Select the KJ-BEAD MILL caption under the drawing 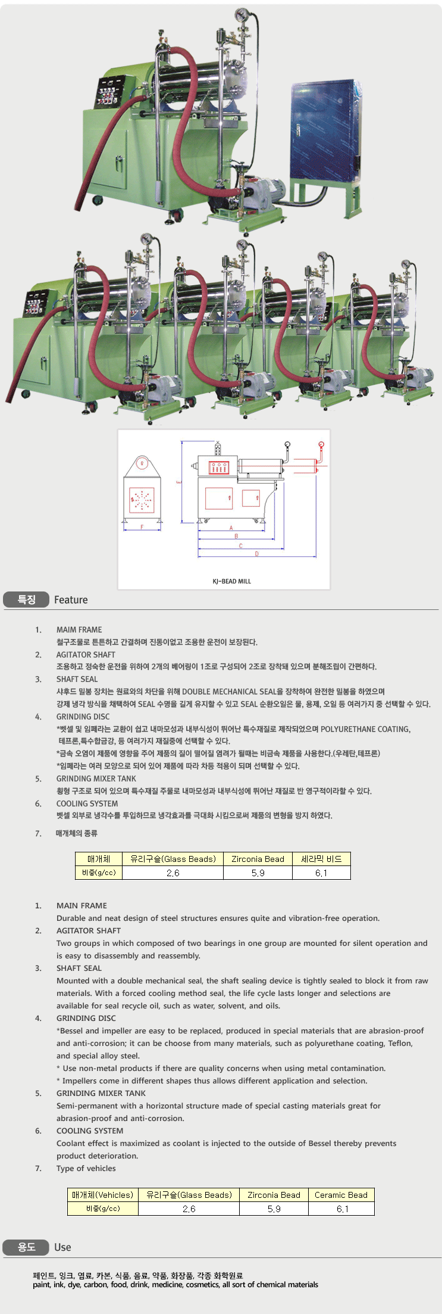point(232,581)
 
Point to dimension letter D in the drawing point(257,554)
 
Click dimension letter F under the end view point(142,527)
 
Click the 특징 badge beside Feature point(26,600)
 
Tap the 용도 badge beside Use point(26,1247)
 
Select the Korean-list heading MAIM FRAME point(79,630)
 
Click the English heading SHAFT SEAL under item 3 point(79,968)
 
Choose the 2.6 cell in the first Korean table point(173,873)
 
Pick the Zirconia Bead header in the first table point(258,859)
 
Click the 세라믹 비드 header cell point(321,859)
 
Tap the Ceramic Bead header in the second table point(341,1195)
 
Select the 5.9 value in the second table point(274,1209)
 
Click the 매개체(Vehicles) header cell point(103,1195)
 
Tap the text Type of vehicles point(86,1168)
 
